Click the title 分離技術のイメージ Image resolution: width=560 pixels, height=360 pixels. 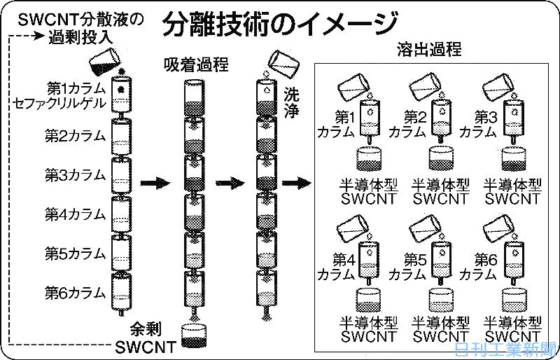tap(280, 25)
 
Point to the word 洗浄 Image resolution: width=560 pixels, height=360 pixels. tap(292, 102)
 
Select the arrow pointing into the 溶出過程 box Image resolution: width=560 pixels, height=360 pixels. tap(296, 184)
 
